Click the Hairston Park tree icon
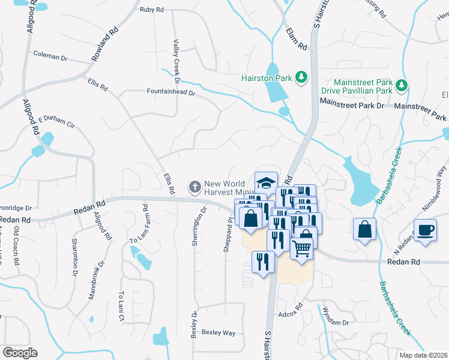pos(302,77)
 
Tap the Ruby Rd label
pos(152,10)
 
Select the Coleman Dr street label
pos(50,56)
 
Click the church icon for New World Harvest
pos(194,188)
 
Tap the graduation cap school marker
pos(267,182)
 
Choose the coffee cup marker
pos(425,230)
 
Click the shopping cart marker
pos(302,246)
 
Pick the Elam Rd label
pos(296,40)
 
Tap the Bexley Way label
pos(218,332)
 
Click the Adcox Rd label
pos(291,314)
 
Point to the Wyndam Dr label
pos(336,322)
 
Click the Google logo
pos(20,353)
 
